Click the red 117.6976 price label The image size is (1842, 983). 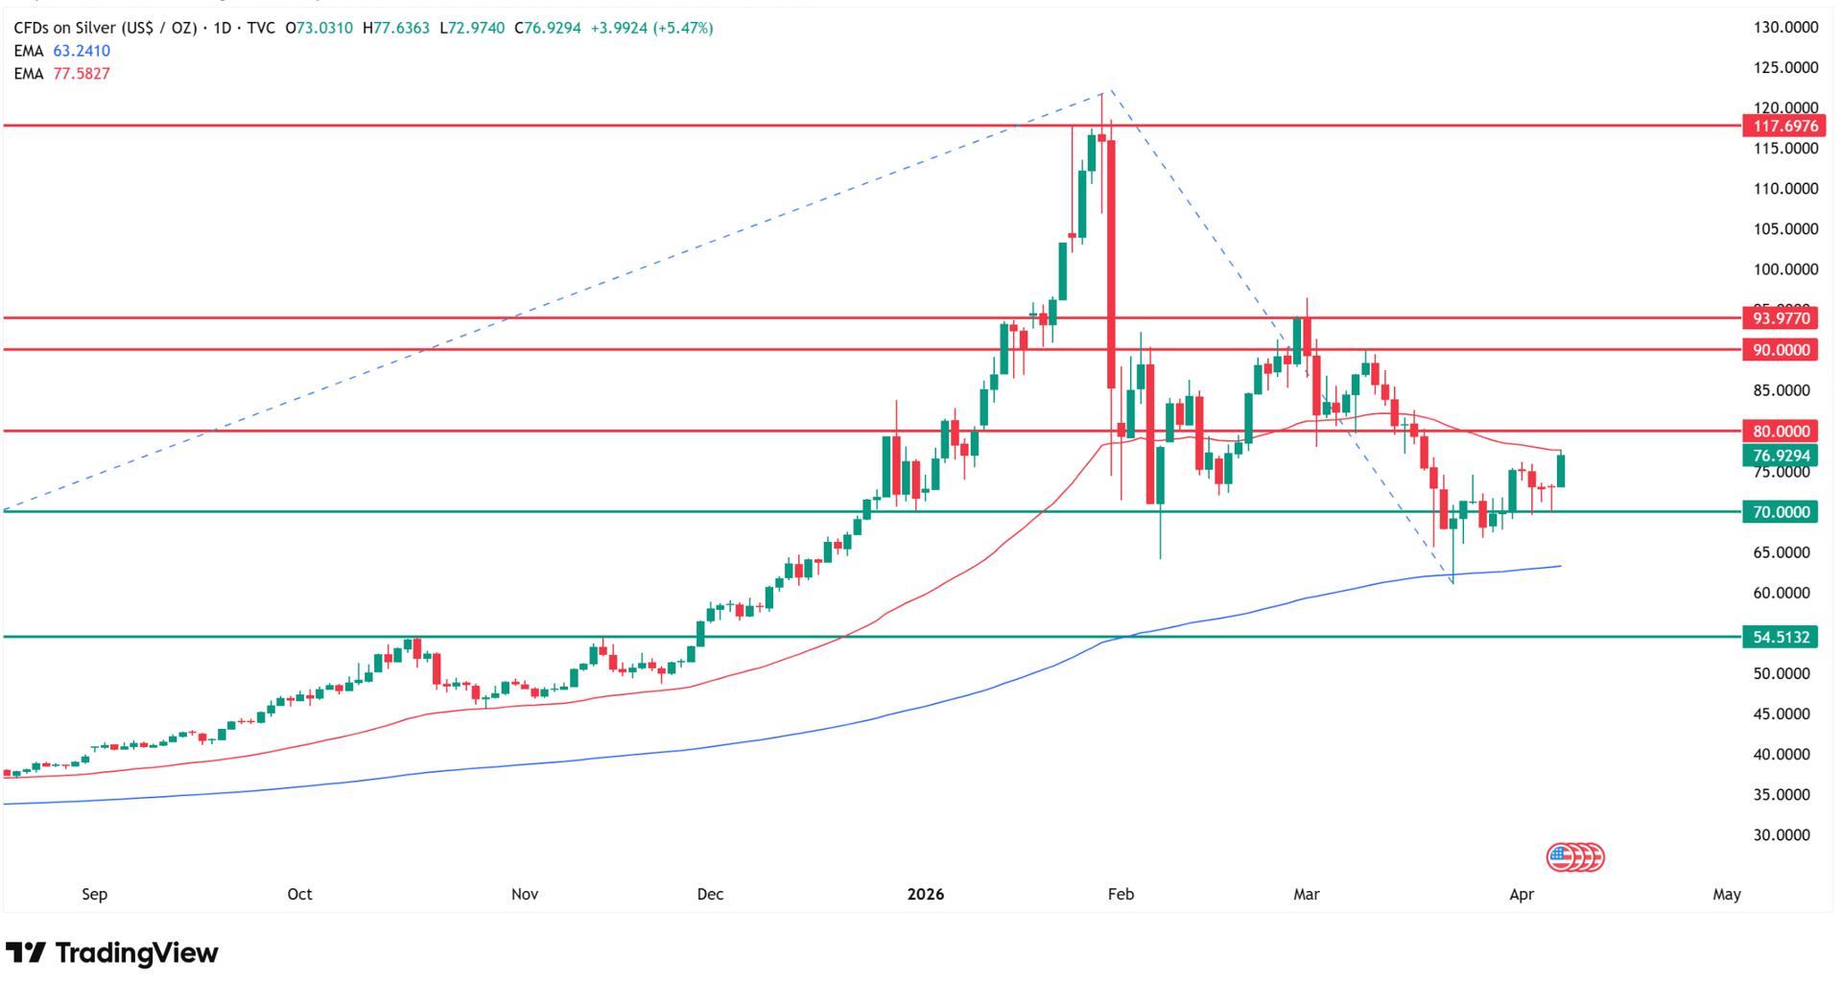pyautogui.click(x=1779, y=126)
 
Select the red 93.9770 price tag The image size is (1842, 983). pyautogui.click(x=1779, y=318)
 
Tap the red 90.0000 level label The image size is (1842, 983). pyautogui.click(x=1779, y=350)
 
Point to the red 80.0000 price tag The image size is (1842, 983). pyautogui.click(x=1779, y=432)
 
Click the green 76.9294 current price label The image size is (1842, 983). pyautogui.click(x=1779, y=456)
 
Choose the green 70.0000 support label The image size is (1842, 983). pyautogui.click(x=1779, y=512)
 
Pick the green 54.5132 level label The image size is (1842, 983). pyautogui.click(x=1779, y=637)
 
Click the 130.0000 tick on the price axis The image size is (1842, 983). pyautogui.click(x=1785, y=28)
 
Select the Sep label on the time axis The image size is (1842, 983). pyautogui.click(x=94, y=895)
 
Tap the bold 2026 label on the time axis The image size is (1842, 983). pyautogui.click(x=926, y=895)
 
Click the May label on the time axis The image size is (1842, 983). pyautogui.click(x=1726, y=895)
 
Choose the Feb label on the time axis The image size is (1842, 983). pyautogui.click(x=1121, y=895)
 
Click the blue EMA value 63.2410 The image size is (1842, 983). pyautogui.click(x=82, y=51)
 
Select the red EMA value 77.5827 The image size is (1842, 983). pyautogui.click(x=82, y=74)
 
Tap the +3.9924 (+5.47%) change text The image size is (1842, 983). pyautogui.click(x=651, y=28)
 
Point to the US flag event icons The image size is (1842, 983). pyautogui.click(x=1575, y=856)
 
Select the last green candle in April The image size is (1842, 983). pyautogui.click(x=1561, y=470)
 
